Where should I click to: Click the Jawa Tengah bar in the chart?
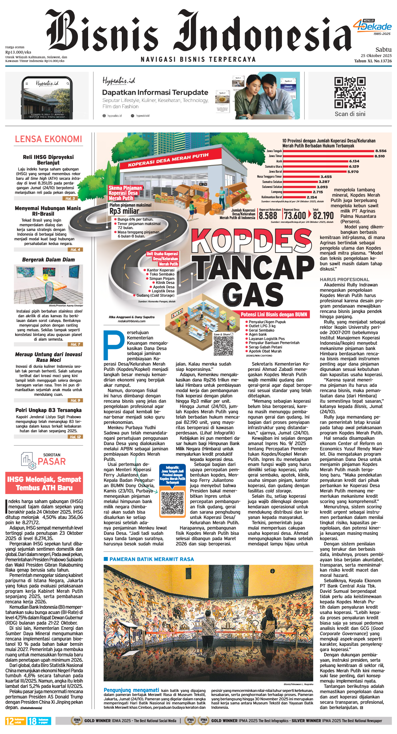coord(328,151)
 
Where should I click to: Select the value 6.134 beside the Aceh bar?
coord(354,161)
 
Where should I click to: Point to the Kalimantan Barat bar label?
coord(272,197)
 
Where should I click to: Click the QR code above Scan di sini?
coord(350,93)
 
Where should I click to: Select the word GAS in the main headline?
coord(253,295)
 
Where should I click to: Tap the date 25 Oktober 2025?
coord(376,55)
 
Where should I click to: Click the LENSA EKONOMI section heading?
coord(49,139)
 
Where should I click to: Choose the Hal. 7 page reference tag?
coord(75,344)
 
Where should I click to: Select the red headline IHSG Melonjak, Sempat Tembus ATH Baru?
coord(44,483)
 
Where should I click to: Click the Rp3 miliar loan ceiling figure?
coord(124,211)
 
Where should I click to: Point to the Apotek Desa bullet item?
coord(163,287)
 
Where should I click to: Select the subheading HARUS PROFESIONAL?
coord(344,280)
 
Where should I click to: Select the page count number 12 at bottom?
coord(10,721)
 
